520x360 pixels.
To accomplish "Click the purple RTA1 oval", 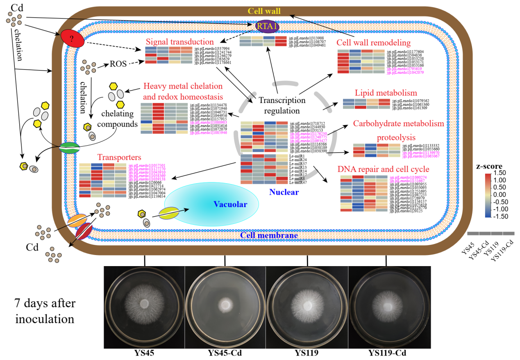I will pos(267,27).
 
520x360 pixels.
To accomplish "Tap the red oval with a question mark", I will pos(73,39).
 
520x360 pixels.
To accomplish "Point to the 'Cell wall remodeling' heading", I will pos(379,43).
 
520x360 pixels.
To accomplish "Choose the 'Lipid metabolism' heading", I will pos(380,93).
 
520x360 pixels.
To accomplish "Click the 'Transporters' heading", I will pos(119,157).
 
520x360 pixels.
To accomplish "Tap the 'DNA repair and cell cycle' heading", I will pos(384,169).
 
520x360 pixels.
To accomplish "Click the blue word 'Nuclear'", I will pos(283,192).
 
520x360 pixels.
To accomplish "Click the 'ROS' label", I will pos(118,64).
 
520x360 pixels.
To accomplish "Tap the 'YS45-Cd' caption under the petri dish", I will pos(225,353).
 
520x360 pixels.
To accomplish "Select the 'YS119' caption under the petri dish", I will pos(307,353).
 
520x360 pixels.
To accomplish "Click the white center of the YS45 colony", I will pos(144,304).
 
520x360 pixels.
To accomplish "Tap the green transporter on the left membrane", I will pos(69,148).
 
